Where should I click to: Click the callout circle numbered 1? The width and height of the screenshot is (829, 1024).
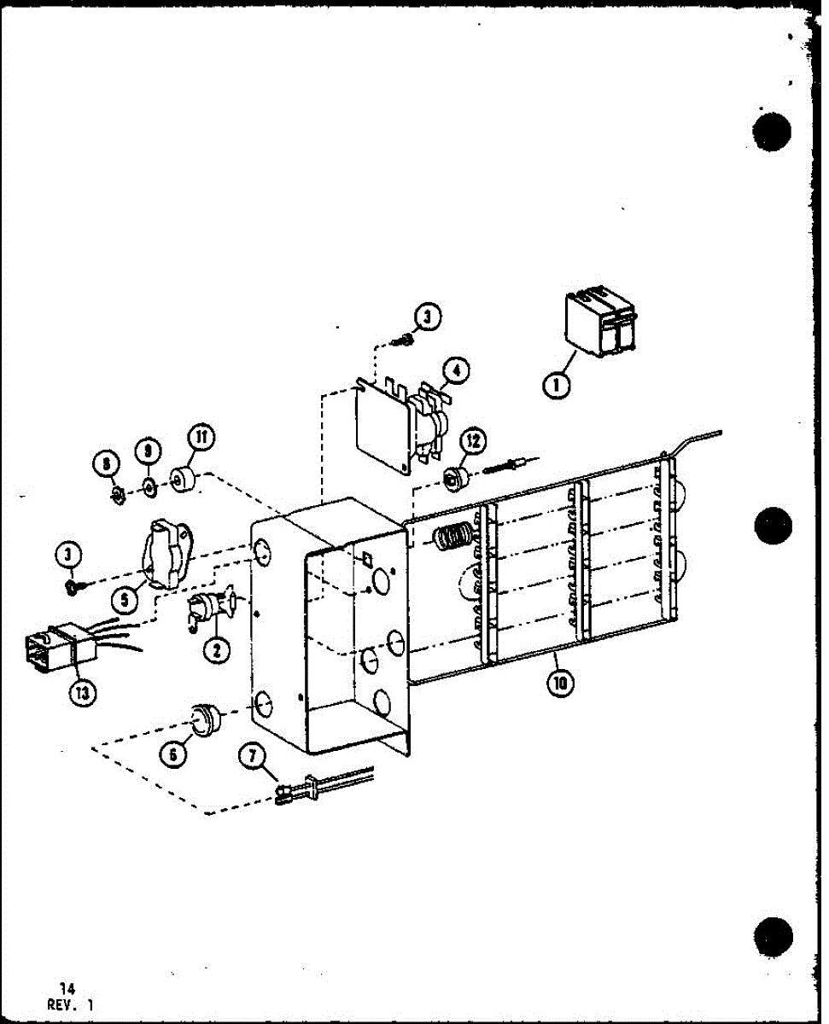click(556, 386)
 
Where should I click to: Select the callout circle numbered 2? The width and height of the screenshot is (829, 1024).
click(217, 651)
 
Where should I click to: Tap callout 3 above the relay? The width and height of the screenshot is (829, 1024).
click(427, 319)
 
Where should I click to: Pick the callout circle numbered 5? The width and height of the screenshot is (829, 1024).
click(125, 599)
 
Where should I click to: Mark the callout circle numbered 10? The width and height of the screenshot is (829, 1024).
click(563, 682)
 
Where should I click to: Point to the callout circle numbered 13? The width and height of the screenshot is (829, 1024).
click(81, 692)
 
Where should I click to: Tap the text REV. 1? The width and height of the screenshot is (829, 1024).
click(71, 1006)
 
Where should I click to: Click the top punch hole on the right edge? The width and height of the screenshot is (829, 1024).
click(773, 131)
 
